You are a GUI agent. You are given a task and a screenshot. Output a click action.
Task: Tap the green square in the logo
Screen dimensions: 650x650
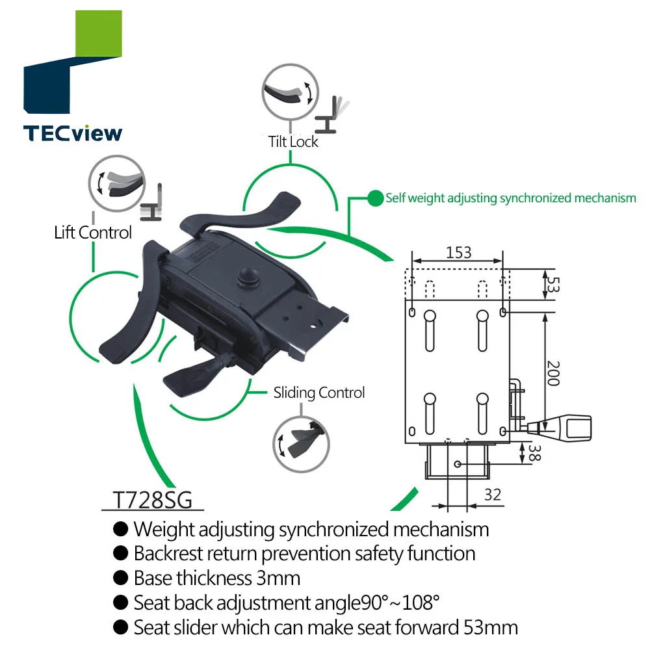click(x=98, y=32)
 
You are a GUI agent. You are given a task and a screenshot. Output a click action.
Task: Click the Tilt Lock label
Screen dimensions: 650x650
click(x=293, y=141)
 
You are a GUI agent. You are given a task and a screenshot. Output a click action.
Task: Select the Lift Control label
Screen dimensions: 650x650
click(x=93, y=232)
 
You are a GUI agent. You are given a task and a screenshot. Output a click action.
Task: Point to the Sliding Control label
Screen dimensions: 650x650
click(x=318, y=393)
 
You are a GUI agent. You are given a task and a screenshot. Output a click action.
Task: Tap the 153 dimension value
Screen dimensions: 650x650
click(x=459, y=252)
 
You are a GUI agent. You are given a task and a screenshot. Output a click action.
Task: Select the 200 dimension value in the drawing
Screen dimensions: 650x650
click(x=552, y=373)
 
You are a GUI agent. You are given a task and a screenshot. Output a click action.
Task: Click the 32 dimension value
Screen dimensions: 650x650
click(x=493, y=495)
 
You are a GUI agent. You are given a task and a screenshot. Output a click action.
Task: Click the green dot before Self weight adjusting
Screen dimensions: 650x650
click(x=375, y=198)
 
